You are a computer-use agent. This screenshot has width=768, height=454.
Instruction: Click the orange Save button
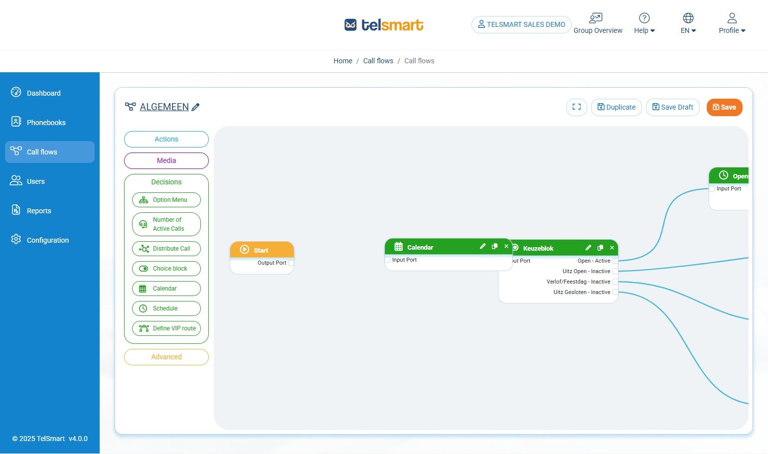point(724,107)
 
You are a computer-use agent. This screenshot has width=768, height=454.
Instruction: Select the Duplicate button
point(616,107)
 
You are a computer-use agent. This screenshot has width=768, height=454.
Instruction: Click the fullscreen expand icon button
point(577,107)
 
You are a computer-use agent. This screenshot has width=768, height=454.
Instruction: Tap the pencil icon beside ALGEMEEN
point(195,107)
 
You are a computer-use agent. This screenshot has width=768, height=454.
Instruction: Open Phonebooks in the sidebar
point(46,123)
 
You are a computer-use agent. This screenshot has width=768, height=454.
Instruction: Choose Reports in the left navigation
point(39,211)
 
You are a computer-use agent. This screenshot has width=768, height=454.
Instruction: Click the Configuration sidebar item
point(47,240)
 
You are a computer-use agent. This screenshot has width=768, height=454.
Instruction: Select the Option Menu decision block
point(166,200)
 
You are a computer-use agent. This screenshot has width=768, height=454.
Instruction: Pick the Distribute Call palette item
point(166,249)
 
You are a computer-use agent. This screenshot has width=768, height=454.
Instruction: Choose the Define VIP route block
point(166,328)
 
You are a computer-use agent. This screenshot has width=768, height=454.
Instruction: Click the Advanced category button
point(166,357)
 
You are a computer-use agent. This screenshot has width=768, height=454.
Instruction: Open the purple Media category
point(166,160)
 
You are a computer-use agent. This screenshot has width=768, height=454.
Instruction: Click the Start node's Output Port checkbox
point(291,263)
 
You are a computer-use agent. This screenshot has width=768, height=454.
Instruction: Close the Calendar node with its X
point(506,246)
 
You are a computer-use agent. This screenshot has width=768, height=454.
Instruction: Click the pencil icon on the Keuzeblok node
point(588,248)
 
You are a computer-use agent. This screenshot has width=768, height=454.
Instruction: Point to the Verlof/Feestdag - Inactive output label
point(578,282)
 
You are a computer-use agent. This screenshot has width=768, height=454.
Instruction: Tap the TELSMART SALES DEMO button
point(521,24)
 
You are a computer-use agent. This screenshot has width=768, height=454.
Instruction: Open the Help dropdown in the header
point(644,24)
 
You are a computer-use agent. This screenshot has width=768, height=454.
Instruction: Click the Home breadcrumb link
point(343,61)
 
